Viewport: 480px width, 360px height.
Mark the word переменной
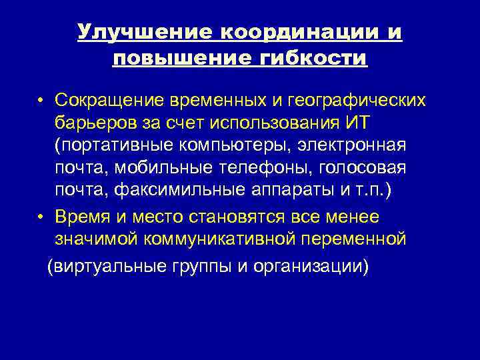[365, 239]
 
